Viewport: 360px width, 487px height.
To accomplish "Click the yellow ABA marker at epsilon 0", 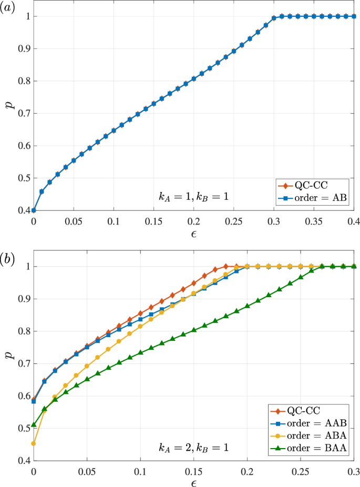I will click(x=34, y=443).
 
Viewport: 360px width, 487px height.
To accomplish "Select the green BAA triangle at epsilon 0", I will click(x=34, y=424).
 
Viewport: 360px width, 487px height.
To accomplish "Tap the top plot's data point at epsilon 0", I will click(x=34, y=210).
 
